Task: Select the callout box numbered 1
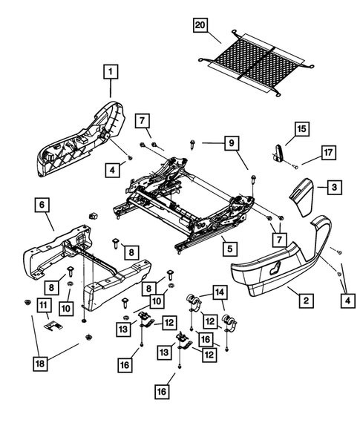coord(109,72)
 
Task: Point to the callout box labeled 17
coord(328,154)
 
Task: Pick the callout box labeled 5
coord(231,249)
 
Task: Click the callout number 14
coord(219,293)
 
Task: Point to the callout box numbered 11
coord(45,306)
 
